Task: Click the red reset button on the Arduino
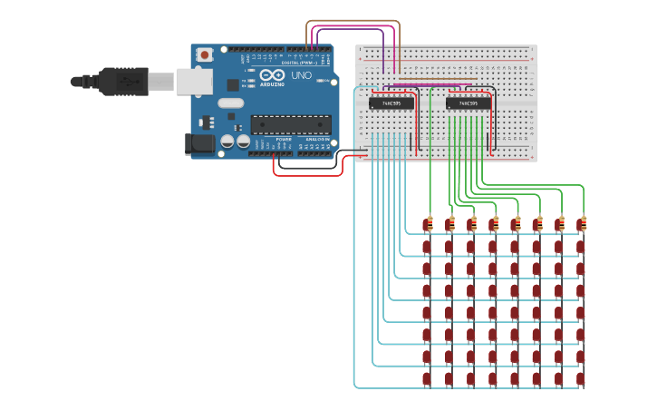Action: pos(205,54)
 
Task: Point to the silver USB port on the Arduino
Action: pos(192,82)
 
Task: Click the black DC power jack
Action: pos(198,143)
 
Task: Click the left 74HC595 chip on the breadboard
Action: pos(391,103)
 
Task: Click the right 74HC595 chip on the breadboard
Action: pos(469,103)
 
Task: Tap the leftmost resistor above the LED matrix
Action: pos(429,224)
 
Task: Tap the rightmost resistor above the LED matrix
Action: pos(582,224)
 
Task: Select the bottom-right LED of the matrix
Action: pos(580,378)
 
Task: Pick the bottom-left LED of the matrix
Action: pos(427,378)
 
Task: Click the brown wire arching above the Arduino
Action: pos(353,21)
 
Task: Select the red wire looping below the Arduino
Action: pos(308,175)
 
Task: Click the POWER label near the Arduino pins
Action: pos(285,139)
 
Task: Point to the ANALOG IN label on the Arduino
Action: pos(317,139)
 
